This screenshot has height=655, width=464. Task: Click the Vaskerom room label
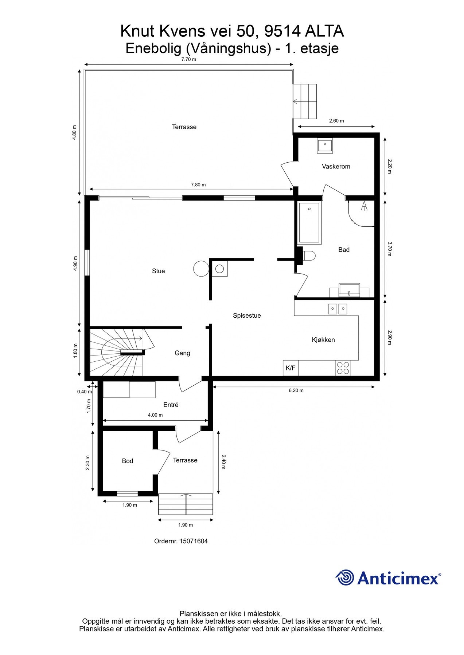point(336,167)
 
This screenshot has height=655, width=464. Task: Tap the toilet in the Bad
point(309,256)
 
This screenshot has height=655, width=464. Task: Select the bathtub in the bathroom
point(309,223)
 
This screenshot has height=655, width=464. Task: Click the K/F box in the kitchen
point(291,368)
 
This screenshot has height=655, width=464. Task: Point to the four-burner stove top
point(343,368)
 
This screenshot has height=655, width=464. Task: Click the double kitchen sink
point(338,309)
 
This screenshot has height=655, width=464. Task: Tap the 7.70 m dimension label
point(188,59)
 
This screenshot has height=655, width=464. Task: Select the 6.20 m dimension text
point(296,390)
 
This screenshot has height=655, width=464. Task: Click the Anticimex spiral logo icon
point(344,577)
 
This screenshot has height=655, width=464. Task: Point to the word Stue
point(158,271)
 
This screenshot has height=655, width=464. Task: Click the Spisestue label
point(247,315)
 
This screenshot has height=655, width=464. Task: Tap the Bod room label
point(127,461)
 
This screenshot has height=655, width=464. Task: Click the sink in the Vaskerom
point(324,145)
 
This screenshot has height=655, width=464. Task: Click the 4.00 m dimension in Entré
point(155,415)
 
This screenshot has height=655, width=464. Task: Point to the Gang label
point(182,353)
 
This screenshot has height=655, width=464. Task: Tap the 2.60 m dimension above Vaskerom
point(336,121)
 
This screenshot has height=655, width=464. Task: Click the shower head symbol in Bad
point(364,206)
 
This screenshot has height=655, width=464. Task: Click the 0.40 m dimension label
point(84,392)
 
